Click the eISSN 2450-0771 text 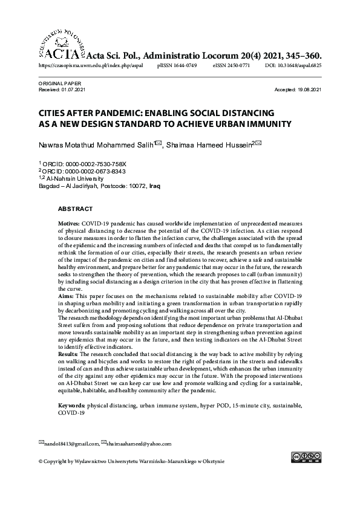pos(232,65)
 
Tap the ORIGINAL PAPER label pos(59,83)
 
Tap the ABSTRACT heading pos(75,209)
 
